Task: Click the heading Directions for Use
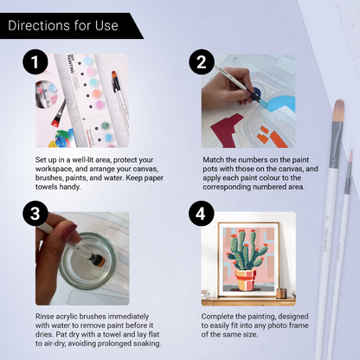[61, 25]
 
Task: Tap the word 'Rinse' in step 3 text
[47, 315]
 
